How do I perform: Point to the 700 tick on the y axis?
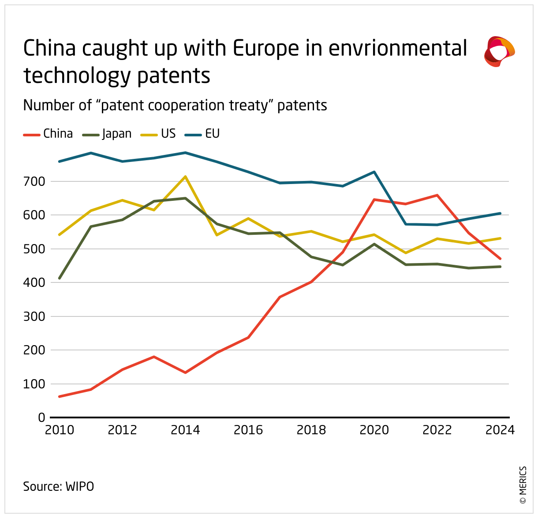35,181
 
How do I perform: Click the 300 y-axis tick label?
35,316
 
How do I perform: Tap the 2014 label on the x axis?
185,430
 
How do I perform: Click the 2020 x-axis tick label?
374,430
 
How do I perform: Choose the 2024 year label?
500,430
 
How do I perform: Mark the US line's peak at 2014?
185,177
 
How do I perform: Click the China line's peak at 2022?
437,195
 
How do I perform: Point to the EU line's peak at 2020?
374,172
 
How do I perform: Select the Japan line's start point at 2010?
59,278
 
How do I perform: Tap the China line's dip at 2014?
185,372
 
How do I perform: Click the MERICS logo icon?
499,52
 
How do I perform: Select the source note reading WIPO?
80,486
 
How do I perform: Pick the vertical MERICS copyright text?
523,485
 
